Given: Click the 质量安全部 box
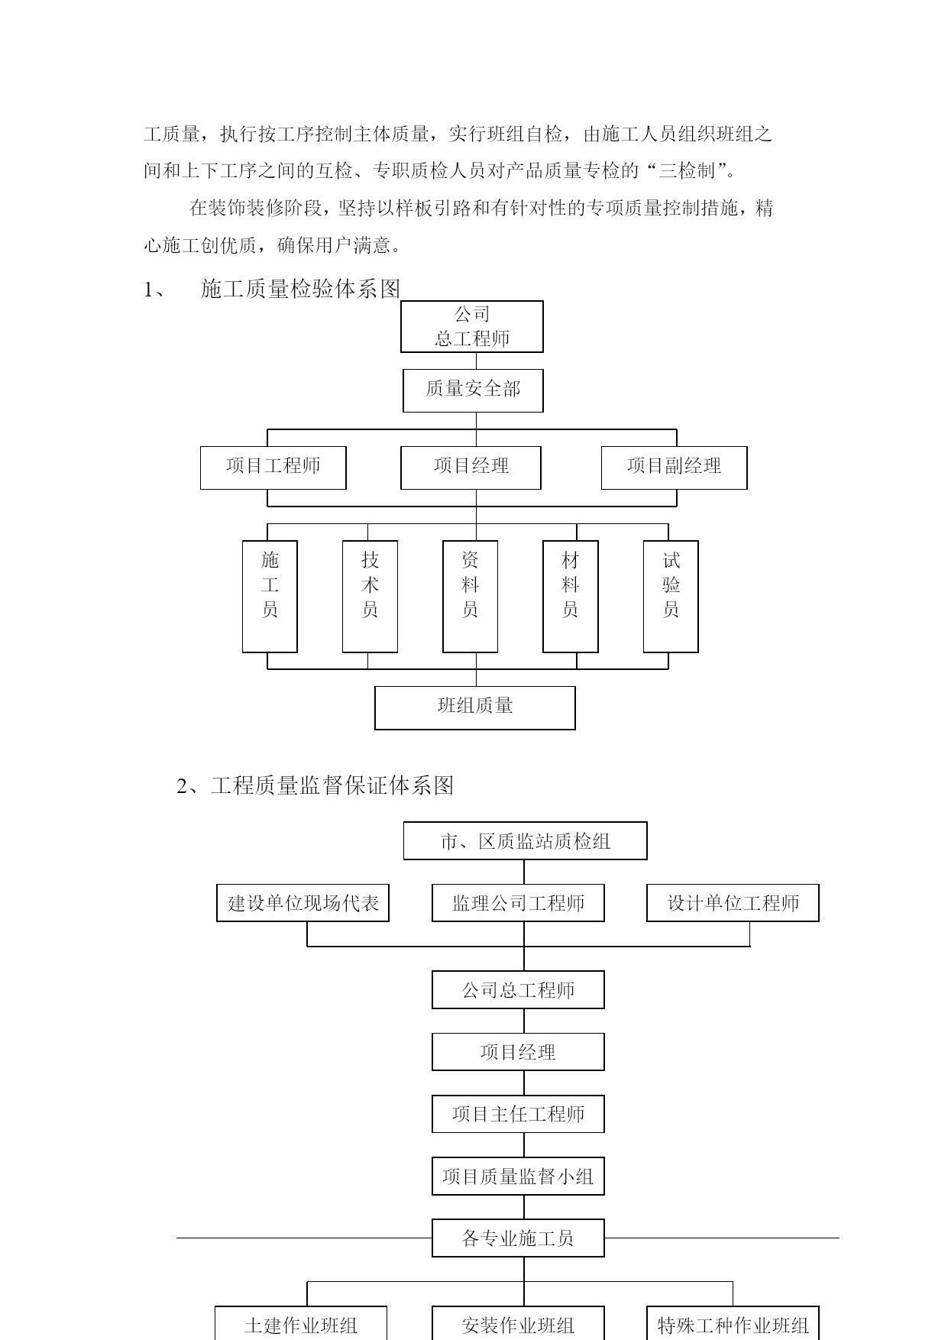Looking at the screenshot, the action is (x=473, y=390).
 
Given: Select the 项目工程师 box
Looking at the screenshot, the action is (x=273, y=468).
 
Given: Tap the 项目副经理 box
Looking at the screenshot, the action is (x=674, y=468).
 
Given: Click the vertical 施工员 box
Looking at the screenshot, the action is (x=270, y=597).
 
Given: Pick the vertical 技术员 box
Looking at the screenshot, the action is (x=370, y=597).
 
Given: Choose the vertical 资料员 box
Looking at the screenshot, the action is (x=470, y=597).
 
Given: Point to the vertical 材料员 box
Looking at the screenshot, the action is (x=570, y=597).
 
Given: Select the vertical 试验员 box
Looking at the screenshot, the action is (x=671, y=597).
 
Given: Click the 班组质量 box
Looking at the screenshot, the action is (x=474, y=707).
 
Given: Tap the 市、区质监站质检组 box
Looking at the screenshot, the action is (x=525, y=841).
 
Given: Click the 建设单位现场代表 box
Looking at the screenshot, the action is (x=303, y=903).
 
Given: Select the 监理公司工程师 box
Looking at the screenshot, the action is (x=518, y=903).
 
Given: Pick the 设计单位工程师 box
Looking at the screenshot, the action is (x=733, y=903).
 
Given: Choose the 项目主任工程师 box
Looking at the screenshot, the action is (x=518, y=1114).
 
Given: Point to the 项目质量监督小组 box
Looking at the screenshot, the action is (x=518, y=1177).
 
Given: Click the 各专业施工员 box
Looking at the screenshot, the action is (x=518, y=1238).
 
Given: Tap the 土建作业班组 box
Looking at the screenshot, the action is (x=300, y=1323).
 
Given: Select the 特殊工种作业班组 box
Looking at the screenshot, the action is (x=733, y=1323).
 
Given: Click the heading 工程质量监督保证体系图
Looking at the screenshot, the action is (x=332, y=785).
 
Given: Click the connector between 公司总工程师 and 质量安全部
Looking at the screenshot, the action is (x=476, y=361).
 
